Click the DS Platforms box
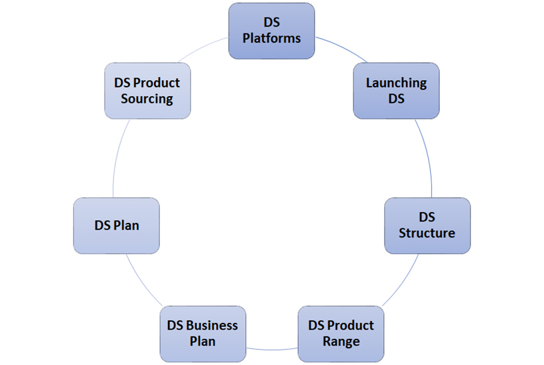click(x=271, y=30)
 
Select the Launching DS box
click(x=396, y=91)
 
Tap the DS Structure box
click(x=427, y=226)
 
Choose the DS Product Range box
click(x=341, y=334)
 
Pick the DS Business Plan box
click(x=203, y=334)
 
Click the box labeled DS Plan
click(x=117, y=226)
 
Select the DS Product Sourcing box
click(x=147, y=91)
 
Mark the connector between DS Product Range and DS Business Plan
click(x=272, y=349)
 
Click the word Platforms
click(x=271, y=38)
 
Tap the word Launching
click(x=396, y=83)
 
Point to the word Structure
click(x=427, y=234)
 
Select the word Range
click(x=341, y=342)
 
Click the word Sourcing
click(x=147, y=99)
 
